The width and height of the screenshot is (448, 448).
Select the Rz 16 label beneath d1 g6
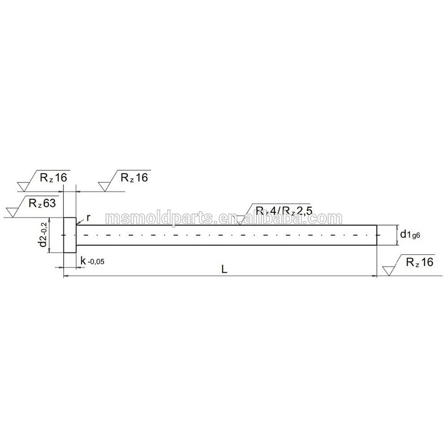pyautogui.click(x=419, y=262)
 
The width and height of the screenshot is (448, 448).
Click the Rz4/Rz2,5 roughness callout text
pyautogui.click(x=283, y=211)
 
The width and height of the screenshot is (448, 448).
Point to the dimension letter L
pyautogui.click(x=224, y=269)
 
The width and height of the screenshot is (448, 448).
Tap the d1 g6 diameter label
pyautogui.click(x=409, y=235)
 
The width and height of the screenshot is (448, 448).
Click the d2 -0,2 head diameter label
pyautogui.click(x=42, y=235)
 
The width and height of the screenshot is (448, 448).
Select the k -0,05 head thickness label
pyautogui.click(x=92, y=260)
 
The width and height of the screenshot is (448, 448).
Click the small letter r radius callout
pyautogui.click(x=88, y=217)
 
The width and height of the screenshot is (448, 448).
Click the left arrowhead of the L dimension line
pyautogui.click(x=67, y=276)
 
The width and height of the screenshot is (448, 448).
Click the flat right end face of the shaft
pyautogui.click(x=377, y=235)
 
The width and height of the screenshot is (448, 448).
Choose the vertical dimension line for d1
pyautogui.click(x=396, y=235)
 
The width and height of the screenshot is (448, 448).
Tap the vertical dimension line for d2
pyautogui.click(x=50, y=235)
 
